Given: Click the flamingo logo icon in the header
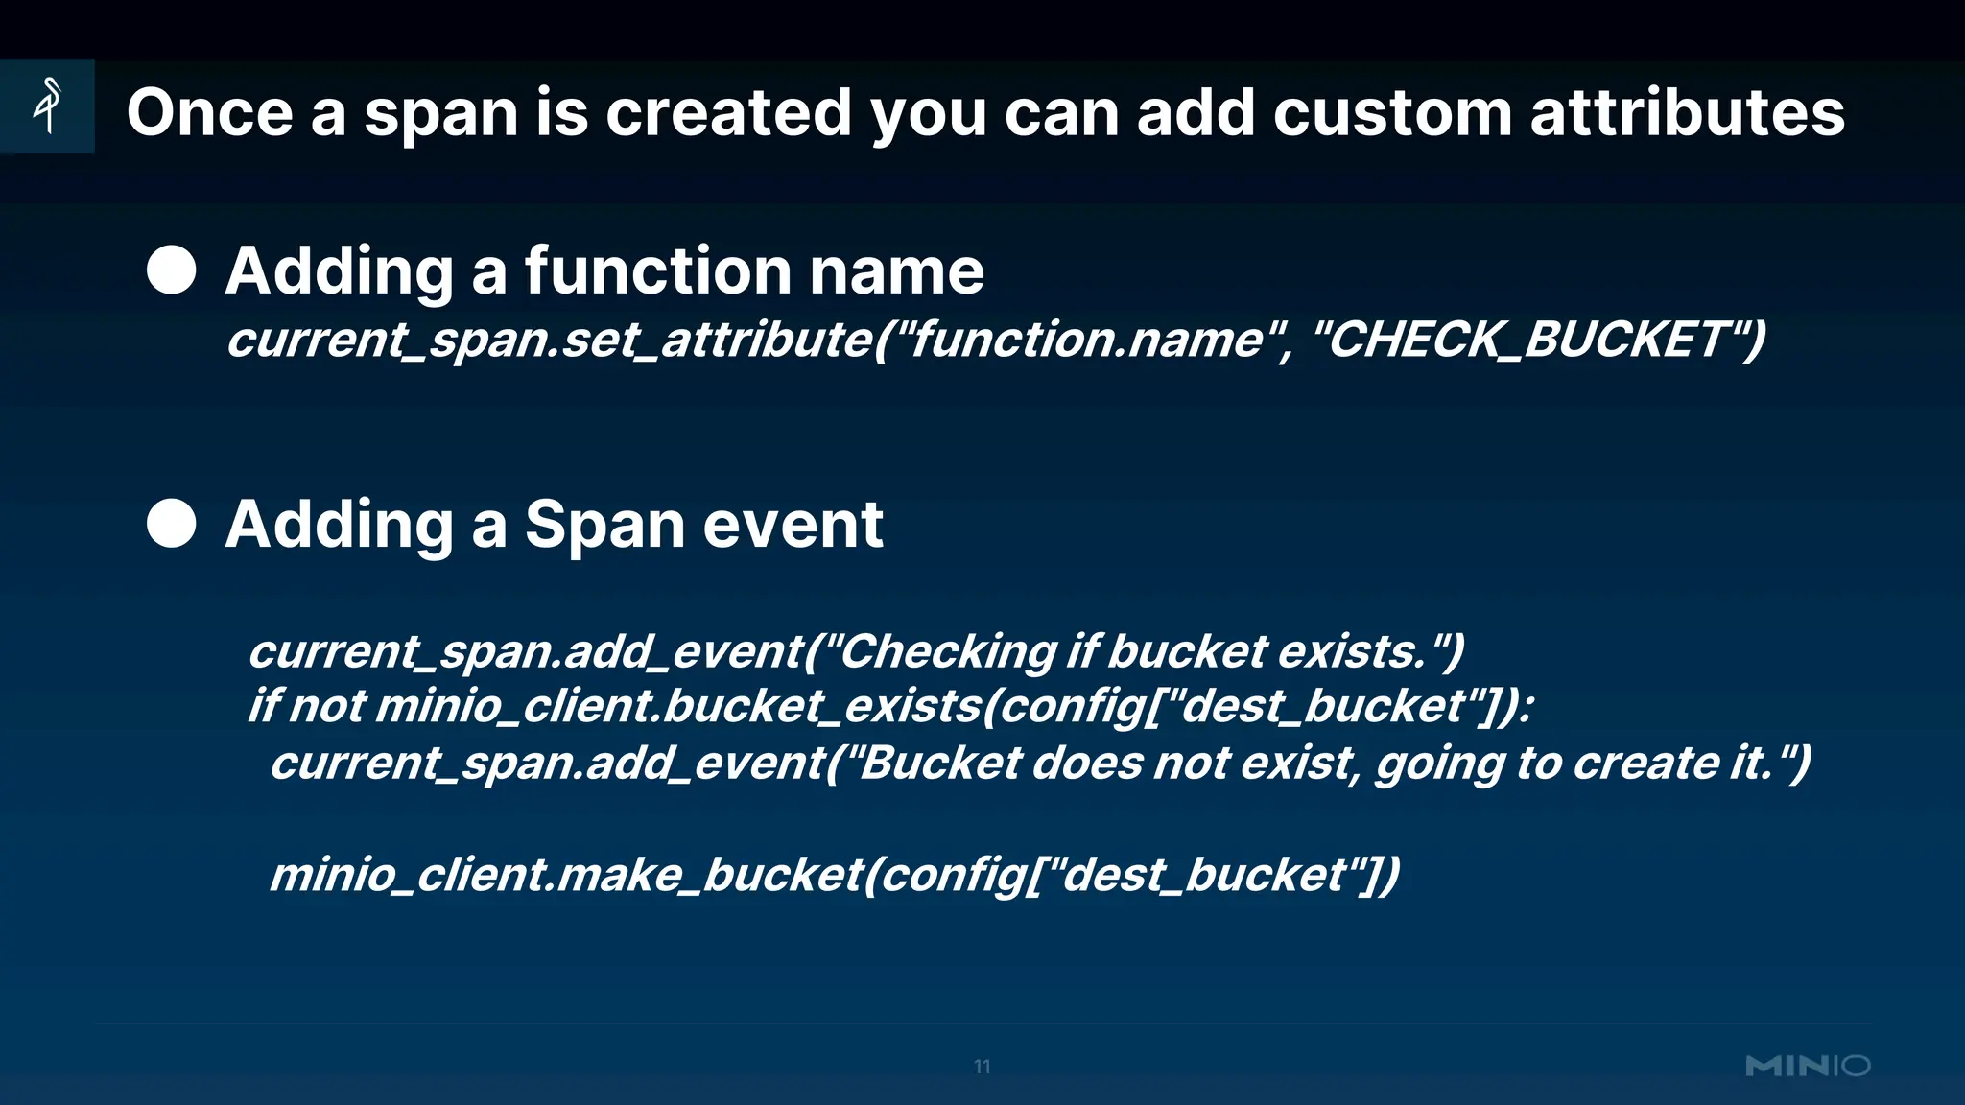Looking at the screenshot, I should [47, 106].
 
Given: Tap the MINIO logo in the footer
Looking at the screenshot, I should [1808, 1066].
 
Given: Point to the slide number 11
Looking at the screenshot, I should [982, 1067].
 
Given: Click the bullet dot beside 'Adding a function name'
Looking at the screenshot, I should [172, 270].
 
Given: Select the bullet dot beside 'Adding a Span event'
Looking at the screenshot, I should [172, 524].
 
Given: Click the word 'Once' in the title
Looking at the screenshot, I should [209, 113].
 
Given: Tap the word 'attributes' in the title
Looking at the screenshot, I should [1687, 113].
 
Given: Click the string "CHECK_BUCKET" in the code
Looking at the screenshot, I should [1527, 340].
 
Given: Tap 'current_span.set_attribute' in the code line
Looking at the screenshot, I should [547, 340].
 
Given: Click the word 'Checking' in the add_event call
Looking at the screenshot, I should [948, 652].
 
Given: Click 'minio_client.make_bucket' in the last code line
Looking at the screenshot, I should [566, 875].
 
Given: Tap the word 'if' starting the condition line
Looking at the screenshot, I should [263, 707].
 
